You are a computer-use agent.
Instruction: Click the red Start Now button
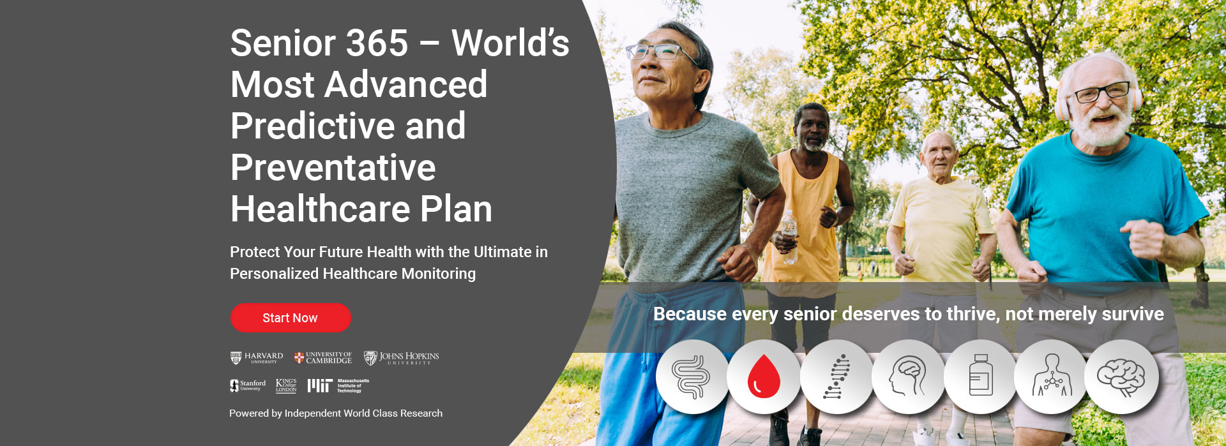(x=291, y=318)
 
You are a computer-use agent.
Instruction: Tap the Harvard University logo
(x=257, y=358)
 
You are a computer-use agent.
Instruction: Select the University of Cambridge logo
(x=323, y=358)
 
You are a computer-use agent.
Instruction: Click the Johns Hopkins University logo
(x=402, y=358)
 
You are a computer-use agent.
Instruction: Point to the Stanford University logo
(x=248, y=385)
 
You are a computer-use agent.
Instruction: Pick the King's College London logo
(x=286, y=385)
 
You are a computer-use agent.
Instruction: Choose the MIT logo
(x=338, y=385)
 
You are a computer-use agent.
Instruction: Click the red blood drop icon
(x=764, y=376)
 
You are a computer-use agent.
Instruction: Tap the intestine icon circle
(x=692, y=376)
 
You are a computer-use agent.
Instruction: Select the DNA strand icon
(x=836, y=376)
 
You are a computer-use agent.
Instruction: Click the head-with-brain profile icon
(x=907, y=376)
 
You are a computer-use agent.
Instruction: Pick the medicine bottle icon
(x=980, y=376)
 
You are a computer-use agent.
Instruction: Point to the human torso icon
(x=1052, y=376)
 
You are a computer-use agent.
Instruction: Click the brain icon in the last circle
(x=1121, y=376)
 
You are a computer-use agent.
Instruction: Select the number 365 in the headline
(x=368, y=43)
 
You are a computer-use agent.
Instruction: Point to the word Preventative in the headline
(x=333, y=168)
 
